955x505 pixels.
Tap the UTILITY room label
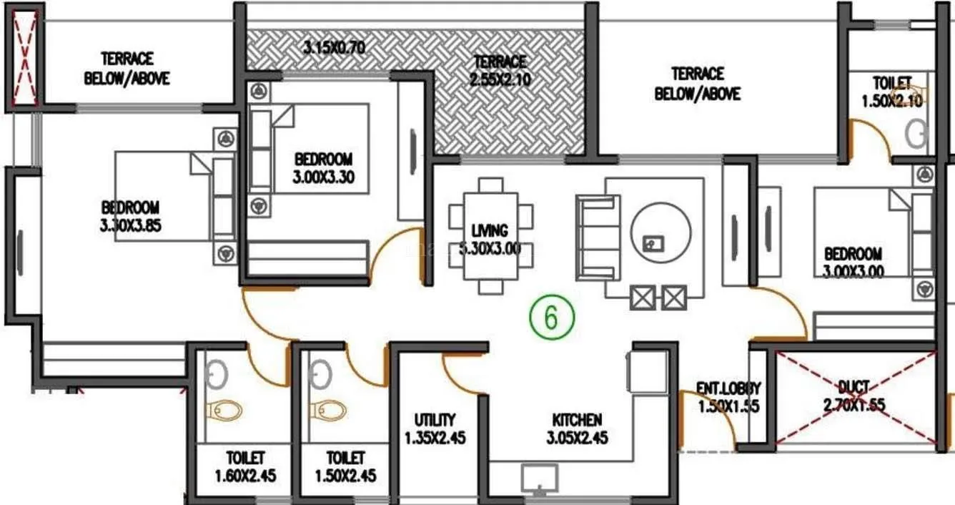click(x=435, y=428)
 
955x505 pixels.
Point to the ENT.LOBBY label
click(x=728, y=397)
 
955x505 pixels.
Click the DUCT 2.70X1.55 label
click(x=853, y=396)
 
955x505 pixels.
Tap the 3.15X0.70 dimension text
click(x=334, y=49)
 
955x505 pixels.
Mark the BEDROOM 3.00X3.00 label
click(x=853, y=262)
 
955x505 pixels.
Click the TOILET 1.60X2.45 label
click(x=245, y=466)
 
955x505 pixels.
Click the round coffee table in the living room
click(x=661, y=232)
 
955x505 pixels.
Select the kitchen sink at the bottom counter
click(x=540, y=478)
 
